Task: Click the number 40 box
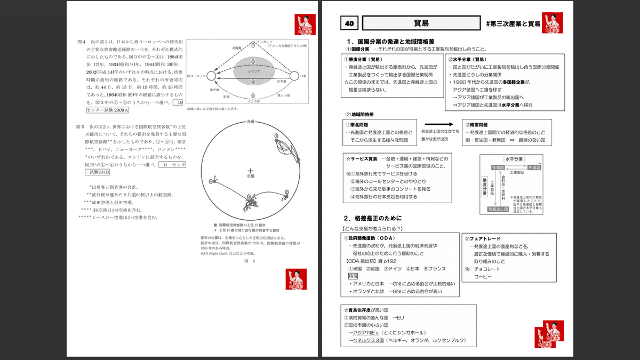coord(350,23)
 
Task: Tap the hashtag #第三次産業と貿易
coord(513,24)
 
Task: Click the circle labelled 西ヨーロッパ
coord(211,76)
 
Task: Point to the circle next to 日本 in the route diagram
coord(294,76)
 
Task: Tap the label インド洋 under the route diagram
coord(254,100)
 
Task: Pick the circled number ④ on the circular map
coord(211,182)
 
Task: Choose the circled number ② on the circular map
coord(286,190)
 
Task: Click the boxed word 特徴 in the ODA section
coord(351,276)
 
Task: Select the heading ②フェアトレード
coord(484,238)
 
